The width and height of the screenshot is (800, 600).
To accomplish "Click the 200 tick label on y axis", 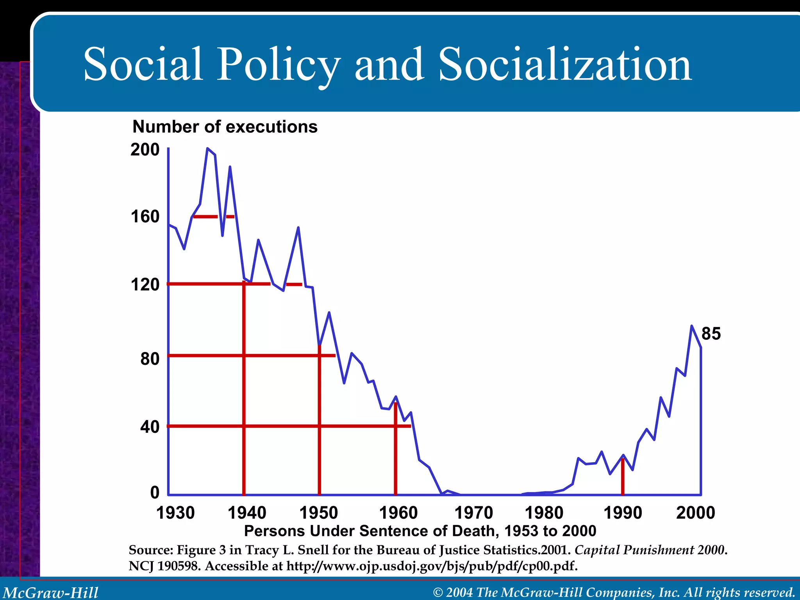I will [x=145, y=150].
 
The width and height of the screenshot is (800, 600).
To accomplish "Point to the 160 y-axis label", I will [x=145, y=217].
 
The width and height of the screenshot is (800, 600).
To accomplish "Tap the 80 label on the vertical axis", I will [x=150, y=359].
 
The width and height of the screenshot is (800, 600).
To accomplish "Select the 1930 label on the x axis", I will [x=175, y=512].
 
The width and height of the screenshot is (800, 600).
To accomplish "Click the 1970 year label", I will [x=473, y=512].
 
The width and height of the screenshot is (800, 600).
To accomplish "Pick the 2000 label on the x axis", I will [x=695, y=512].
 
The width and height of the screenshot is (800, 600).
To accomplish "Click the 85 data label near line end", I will [x=711, y=334].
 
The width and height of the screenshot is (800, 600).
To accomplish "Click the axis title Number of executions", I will [x=225, y=127].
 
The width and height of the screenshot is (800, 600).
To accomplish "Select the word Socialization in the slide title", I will [x=565, y=64].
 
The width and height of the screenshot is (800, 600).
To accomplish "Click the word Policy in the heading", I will [x=278, y=64].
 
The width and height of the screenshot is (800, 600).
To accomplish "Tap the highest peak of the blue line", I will [x=207, y=148].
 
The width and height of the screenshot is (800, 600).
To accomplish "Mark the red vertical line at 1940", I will [x=244, y=391].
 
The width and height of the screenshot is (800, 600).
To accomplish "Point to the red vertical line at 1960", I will [x=395, y=449].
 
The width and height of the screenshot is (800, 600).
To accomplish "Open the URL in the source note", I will [x=432, y=566].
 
